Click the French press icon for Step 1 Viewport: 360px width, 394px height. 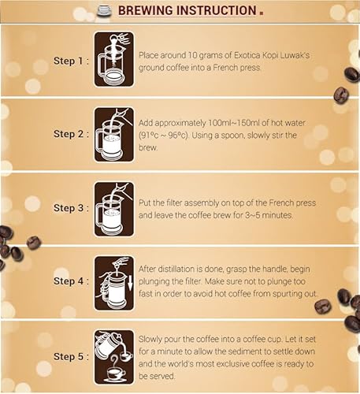click(113, 59)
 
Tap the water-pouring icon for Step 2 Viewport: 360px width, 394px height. click(113, 134)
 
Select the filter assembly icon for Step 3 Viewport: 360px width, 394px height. click(113, 208)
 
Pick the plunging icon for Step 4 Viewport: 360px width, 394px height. click(113, 281)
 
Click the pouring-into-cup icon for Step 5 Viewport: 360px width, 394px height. click(113, 356)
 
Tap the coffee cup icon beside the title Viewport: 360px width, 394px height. click(104, 10)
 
